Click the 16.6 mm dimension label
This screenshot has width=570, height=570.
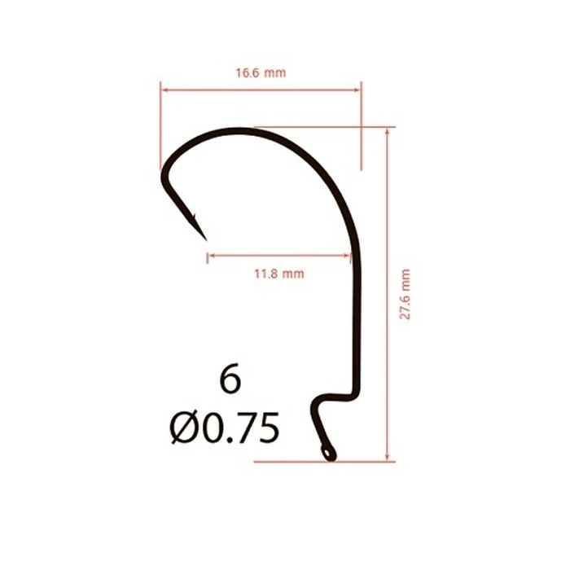pyautogui.click(x=261, y=73)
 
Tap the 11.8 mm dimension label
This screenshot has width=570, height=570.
pyautogui.click(x=278, y=274)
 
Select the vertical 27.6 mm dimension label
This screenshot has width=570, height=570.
pyautogui.click(x=405, y=294)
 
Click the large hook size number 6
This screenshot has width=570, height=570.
pyautogui.click(x=230, y=379)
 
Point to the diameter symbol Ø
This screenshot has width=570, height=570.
pyautogui.click(x=183, y=427)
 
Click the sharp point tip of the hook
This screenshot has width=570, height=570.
pyautogui.click(x=206, y=240)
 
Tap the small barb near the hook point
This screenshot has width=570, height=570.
pyautogui.click(x=194, y=217)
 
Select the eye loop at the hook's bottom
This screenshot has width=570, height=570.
pyautogui.click(x=328, y=453)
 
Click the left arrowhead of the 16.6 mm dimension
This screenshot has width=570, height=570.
pyautogui.click(x=164, y=90)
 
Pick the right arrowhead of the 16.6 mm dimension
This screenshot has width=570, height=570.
pyautogui.click(x=357, y=90)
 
